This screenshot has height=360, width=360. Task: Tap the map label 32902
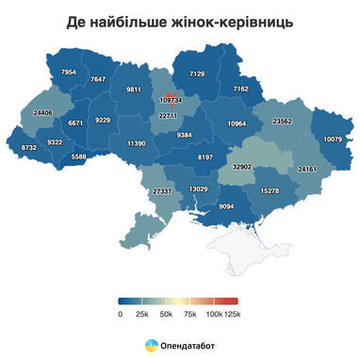242,166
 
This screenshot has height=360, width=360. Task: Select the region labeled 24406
42,113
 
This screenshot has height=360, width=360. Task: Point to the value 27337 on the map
162,191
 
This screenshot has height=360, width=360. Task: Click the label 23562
282,122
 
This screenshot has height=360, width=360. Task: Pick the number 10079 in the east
332,139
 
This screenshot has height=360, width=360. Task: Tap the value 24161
307,169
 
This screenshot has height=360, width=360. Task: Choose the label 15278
269,191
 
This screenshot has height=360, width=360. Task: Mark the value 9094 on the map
227,206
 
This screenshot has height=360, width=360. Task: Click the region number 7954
68,73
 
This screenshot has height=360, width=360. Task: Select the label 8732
29,148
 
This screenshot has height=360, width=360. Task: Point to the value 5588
79,156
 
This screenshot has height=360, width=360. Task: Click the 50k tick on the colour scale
166,314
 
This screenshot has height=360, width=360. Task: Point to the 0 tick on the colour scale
121,314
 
